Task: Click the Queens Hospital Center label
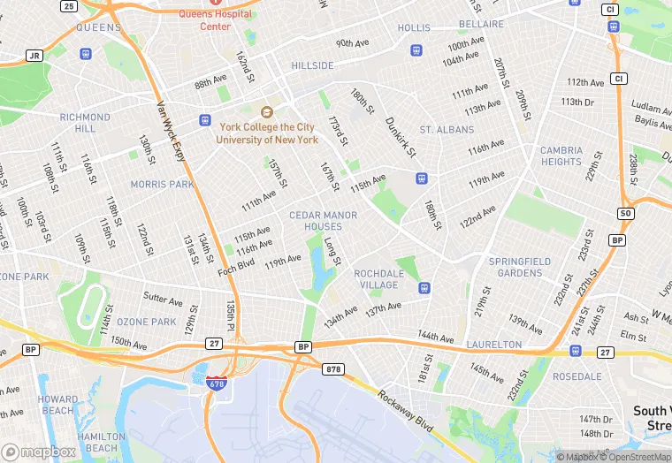click(215, 19)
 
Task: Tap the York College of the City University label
click(269, 133)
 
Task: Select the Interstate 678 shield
click(215, 382)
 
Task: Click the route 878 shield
click(333, 368)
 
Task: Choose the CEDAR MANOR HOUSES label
click(324, 221)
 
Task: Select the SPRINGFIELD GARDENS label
click(519, 267)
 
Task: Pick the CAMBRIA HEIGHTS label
click(561, 156)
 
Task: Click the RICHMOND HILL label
click(85, 122)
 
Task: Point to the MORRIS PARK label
click(162, 185)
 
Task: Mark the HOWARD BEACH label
click(57, 405)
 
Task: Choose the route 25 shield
click(68, 6)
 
